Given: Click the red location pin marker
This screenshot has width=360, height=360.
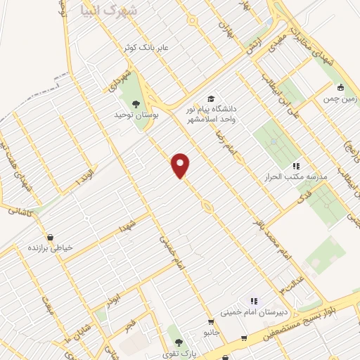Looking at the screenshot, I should tap(181, 165).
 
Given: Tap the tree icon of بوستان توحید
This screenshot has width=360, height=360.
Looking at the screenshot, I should tap(135, 105).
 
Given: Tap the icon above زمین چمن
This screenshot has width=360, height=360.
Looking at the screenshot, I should tap(341, 88).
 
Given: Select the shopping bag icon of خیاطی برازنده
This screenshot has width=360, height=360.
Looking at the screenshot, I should tap(50, 237).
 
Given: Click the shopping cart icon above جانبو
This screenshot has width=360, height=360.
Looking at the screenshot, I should tap(243, 338).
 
